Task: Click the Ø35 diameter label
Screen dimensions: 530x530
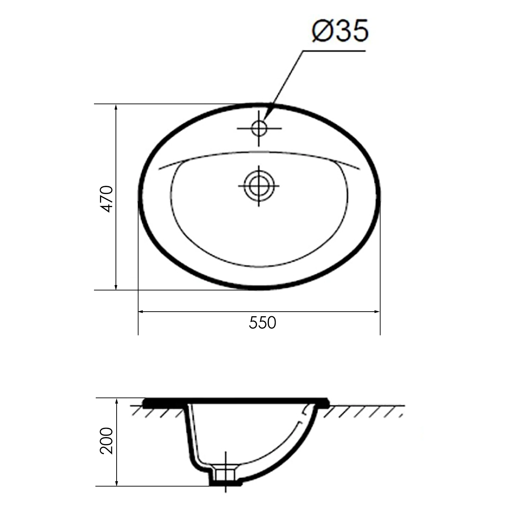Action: coord(340,31)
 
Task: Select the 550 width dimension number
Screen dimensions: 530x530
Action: coord(262,323)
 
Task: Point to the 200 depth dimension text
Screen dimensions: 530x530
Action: coord(106,441)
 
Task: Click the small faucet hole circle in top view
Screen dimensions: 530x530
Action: coord(259,128)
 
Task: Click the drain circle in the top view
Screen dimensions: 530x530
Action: coord(259,186)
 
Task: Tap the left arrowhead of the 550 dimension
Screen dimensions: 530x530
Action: coord(141,312)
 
